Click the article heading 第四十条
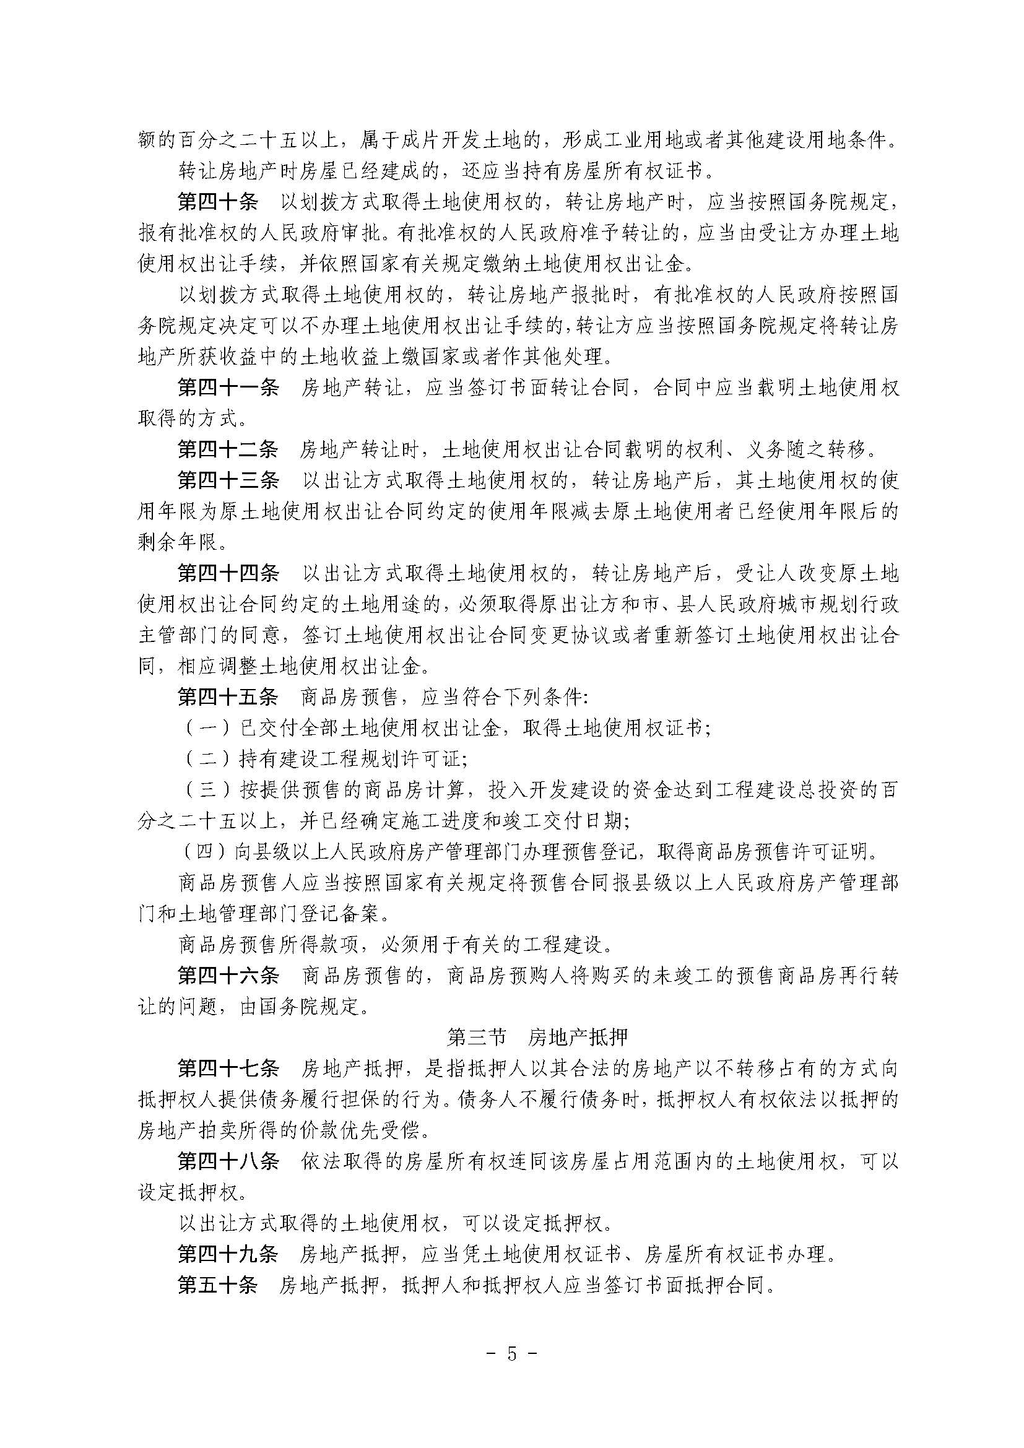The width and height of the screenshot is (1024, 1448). [x=218, y=202]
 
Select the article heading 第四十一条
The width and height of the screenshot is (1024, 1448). [x=228, y=387]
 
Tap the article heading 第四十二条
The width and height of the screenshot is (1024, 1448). [x=228, y=449]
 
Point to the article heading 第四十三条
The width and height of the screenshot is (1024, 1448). [x=228, y=480]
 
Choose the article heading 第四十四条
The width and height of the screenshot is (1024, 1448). [x=228, y=573]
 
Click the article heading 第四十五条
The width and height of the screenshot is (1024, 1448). [x=228, y=697]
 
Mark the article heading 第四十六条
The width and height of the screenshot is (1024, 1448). [x=228, y=976]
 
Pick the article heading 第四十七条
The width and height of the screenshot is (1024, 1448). [x=228, y=1069]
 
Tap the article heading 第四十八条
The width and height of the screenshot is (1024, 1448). [x=228, y=1161]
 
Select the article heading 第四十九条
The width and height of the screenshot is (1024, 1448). [x=228, y=1254]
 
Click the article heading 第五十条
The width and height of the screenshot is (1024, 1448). [x=218, y=1285]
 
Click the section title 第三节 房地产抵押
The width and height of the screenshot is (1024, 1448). [x=537, y=1038]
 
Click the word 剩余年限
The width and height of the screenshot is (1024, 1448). [x=179, y=542]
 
